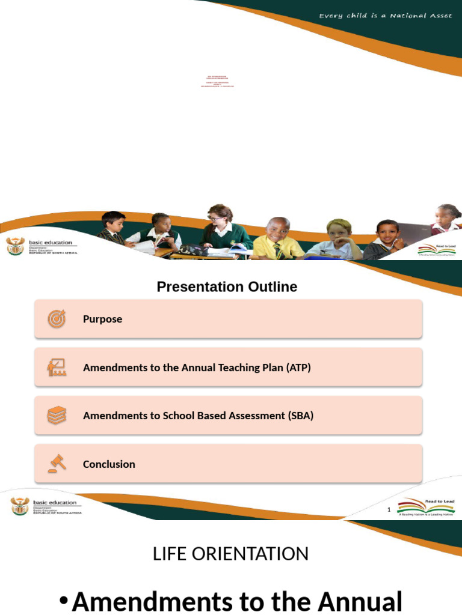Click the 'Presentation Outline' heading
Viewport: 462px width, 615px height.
[227, 287]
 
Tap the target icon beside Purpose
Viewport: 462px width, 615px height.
[57, 319]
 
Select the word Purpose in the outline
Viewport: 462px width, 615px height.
[102, 320]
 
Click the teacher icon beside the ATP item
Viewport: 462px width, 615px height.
[57, 367]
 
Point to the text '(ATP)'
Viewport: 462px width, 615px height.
[298, 368]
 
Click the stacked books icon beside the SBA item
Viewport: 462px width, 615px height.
[57, 416]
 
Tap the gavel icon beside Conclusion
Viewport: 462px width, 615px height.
[57, 464]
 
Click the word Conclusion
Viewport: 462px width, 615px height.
[109, 464]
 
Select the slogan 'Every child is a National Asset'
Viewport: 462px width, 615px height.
[386, 16]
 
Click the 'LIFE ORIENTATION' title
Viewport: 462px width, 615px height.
[230, 554]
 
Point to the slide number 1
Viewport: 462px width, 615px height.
[389, 510]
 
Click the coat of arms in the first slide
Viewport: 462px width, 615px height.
[15, 246]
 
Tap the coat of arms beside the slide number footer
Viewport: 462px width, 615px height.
[20, 506]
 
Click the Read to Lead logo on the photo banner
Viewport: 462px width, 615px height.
[437, 250]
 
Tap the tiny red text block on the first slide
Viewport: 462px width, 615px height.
[217, 82]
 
